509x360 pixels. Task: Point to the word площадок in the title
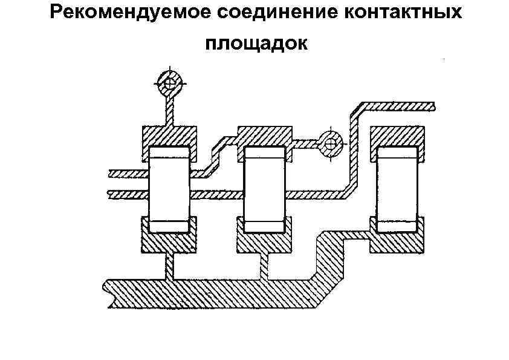[x=256, y=43]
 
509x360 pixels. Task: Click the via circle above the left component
[x=170, y=84]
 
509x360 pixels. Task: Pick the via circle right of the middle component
[x=330, y=143]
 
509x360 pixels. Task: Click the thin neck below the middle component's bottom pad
[x=264, y=267]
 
